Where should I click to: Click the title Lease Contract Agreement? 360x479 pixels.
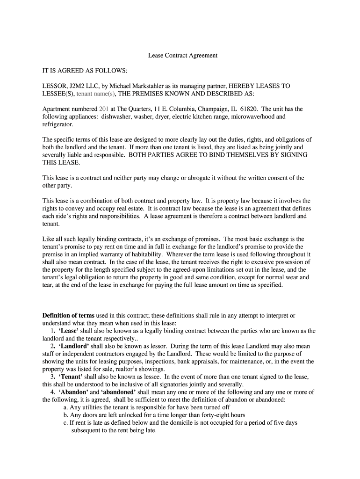pos(183,55)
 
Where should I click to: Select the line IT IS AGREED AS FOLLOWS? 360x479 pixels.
pos(85,71)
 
